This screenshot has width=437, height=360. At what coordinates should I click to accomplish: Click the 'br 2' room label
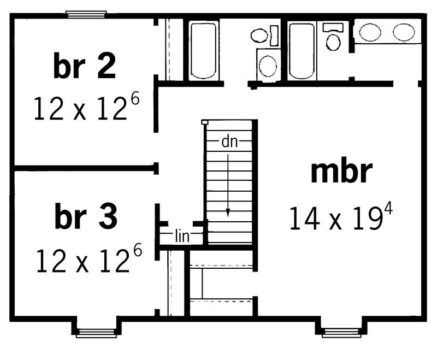pos(85,67)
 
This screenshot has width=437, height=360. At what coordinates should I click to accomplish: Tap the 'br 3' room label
pos(86,217)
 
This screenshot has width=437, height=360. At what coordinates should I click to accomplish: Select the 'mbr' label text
pos(341,173)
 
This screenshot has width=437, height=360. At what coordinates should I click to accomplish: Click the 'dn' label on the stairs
pos(228,142)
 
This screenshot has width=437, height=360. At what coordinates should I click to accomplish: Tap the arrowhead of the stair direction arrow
pos(228,213)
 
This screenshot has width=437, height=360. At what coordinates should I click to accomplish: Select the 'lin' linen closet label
pos(182,236)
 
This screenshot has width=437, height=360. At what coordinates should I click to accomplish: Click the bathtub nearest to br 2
pos(204,50)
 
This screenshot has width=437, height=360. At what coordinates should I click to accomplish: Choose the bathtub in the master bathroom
pos(302,51)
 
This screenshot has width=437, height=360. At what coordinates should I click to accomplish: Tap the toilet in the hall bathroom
pos(262,36)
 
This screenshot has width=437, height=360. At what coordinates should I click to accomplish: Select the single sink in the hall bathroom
pos(268,66)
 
